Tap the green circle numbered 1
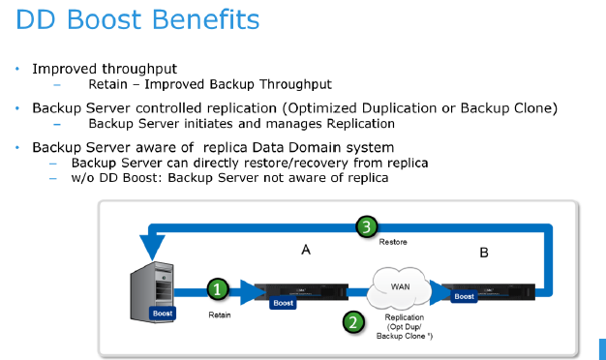219,289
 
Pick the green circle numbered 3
365,227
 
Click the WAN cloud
396,285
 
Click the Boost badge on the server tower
163,314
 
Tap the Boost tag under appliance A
283,303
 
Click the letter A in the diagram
306,250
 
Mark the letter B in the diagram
484,255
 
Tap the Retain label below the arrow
221,315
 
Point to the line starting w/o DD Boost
230,178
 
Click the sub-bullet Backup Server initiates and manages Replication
241,124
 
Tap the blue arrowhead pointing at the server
150,230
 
